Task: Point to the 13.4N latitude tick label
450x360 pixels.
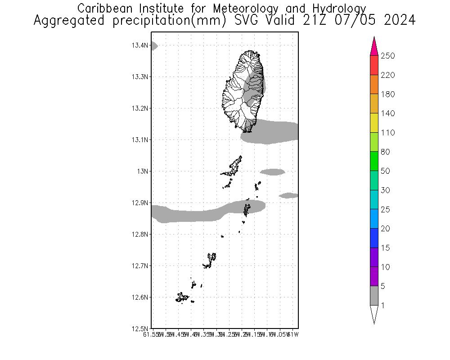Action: tap(140, 45)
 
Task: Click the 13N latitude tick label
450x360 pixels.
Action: tap(143, 171)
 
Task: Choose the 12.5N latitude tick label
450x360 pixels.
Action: tap(140, 328)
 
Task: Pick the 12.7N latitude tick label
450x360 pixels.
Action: tap(140, 265)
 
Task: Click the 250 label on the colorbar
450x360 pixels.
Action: tap(387, 56)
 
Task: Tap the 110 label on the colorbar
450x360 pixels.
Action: tap(387, 133)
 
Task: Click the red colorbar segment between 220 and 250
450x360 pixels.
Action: tap(374, 65)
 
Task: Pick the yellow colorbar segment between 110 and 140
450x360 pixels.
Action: tap(374, 123)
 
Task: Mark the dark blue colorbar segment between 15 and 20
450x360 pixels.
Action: tap(374, 238)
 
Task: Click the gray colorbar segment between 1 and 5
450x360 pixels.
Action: tap(374, 296)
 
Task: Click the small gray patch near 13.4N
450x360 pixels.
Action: tap(153, 45)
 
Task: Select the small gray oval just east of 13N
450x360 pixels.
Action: tap(272, 171)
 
